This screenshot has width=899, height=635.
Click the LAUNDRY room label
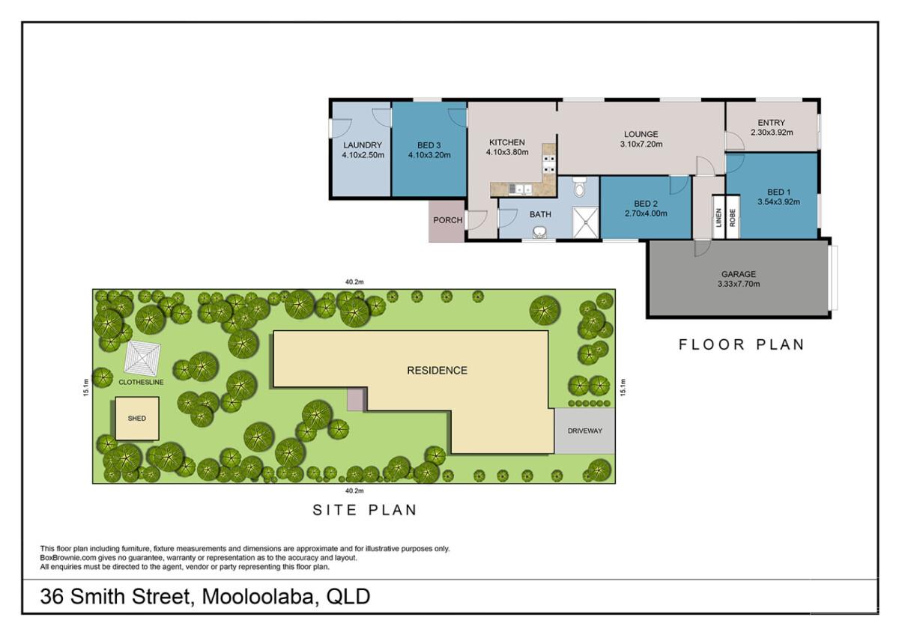[x=363, y=145]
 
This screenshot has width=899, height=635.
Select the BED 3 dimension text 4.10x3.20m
[x=429, y=156]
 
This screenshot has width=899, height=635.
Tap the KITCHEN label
[x=507, y=142]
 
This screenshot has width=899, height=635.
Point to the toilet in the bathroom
[x=578, y=188]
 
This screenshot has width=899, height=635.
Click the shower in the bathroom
[x=585, y=220]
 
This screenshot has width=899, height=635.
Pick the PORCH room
[x=448, y=221]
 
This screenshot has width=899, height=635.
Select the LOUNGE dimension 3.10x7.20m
[x=641, y=145]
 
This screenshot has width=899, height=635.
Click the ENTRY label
[x=771, y=123]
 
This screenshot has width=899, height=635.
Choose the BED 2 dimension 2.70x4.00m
[x=645, y=213]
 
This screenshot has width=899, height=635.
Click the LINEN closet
[x=717, y=216]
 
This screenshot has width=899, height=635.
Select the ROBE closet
[x=732, y=216]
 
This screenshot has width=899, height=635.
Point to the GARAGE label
[x=739, y=274]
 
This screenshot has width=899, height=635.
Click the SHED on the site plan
[x=136, y=419]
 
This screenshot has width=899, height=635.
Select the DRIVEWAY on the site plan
[x=584, y=431]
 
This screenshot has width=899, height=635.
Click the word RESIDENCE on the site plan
[x=437, y=370]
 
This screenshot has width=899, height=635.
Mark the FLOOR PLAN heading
[x=741, y=345]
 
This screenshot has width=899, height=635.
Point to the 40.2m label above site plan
[x=354, y=282]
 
